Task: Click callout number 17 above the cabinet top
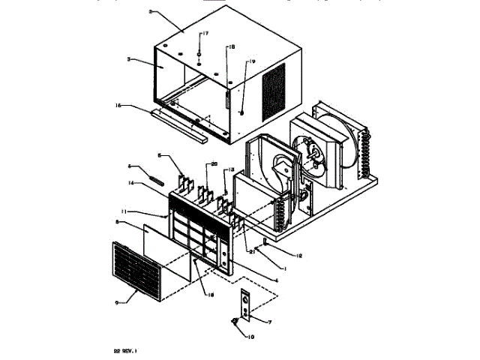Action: point(205,34)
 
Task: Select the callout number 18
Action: point(232,46)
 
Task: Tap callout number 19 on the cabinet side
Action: point(252,61)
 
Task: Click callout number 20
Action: point(213,165)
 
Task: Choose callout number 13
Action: point(232,169)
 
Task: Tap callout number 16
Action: point(211,295)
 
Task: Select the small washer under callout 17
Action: point(199,55)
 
